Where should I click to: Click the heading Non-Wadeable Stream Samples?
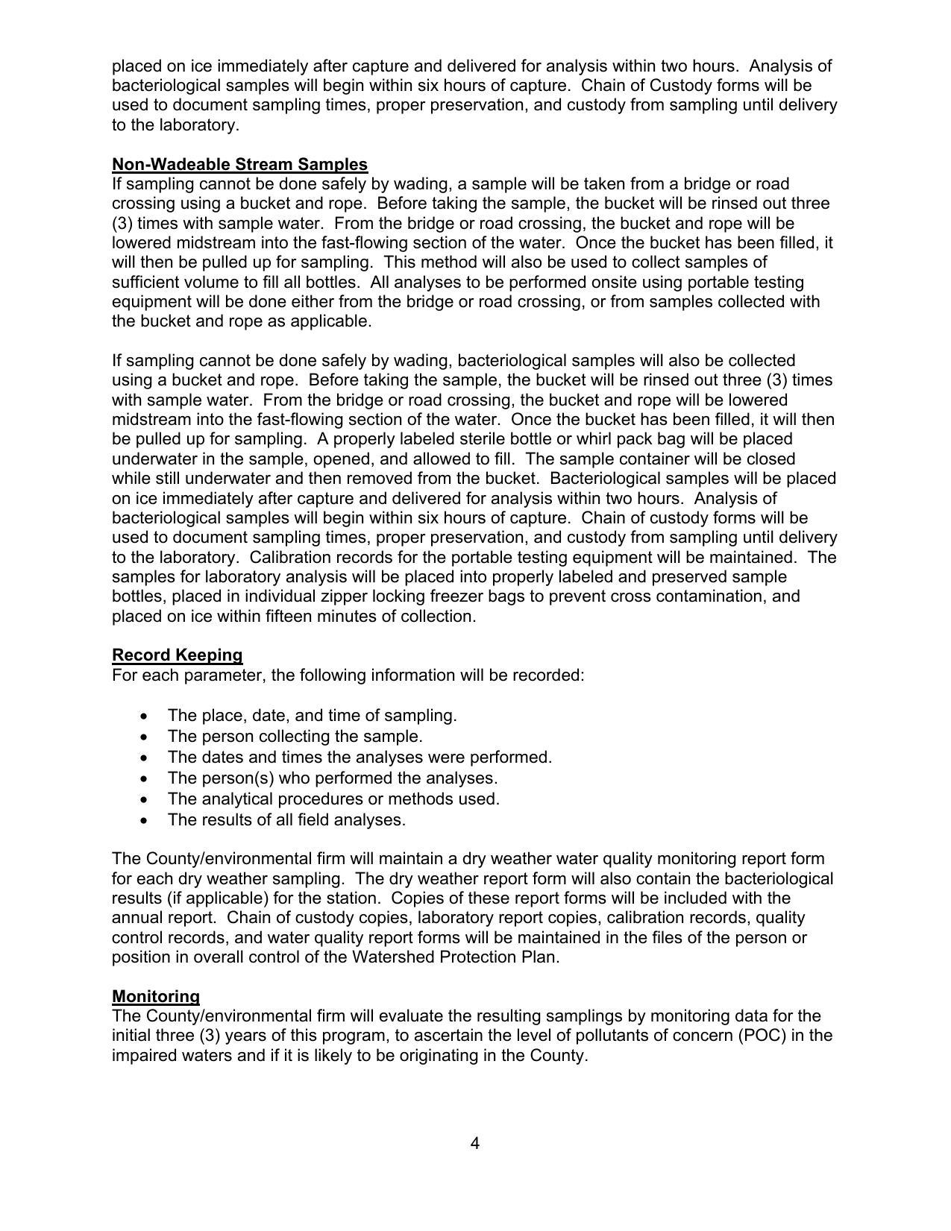point(239,164)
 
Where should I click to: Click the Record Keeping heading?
point(178,655)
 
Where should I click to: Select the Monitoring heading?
point(156,997)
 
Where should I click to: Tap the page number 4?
point(475,1144)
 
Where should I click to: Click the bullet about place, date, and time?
point(312,716)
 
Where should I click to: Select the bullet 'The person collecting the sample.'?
point(295,737)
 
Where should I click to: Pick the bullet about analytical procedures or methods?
point(333,799)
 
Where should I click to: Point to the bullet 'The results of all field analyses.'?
point(286,820)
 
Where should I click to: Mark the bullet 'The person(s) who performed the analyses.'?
point(332,778)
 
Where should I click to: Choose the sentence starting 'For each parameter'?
point(348,676)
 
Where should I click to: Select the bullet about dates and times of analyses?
point(360,758)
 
